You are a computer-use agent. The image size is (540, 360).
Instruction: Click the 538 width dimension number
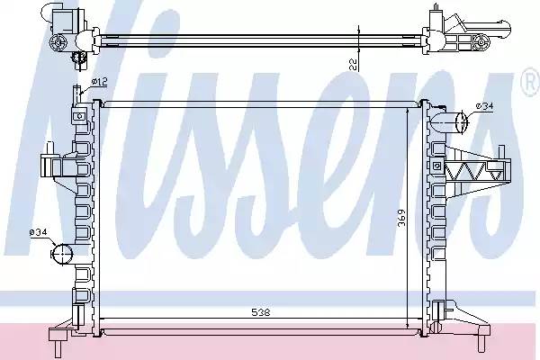[261, 312]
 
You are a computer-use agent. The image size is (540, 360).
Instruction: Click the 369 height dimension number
[401, 218]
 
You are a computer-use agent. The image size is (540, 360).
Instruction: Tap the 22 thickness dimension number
[353, 64]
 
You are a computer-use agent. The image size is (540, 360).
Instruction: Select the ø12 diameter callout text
[100, 82]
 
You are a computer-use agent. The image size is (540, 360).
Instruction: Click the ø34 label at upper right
[484, 106]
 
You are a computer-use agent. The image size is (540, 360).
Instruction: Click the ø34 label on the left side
[38, 233]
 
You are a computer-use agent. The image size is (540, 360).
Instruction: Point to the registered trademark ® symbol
[531, 84]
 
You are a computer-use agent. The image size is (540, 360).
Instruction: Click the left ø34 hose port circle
[63, 254]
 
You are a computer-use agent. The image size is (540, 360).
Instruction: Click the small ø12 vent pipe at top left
[76, 94]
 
